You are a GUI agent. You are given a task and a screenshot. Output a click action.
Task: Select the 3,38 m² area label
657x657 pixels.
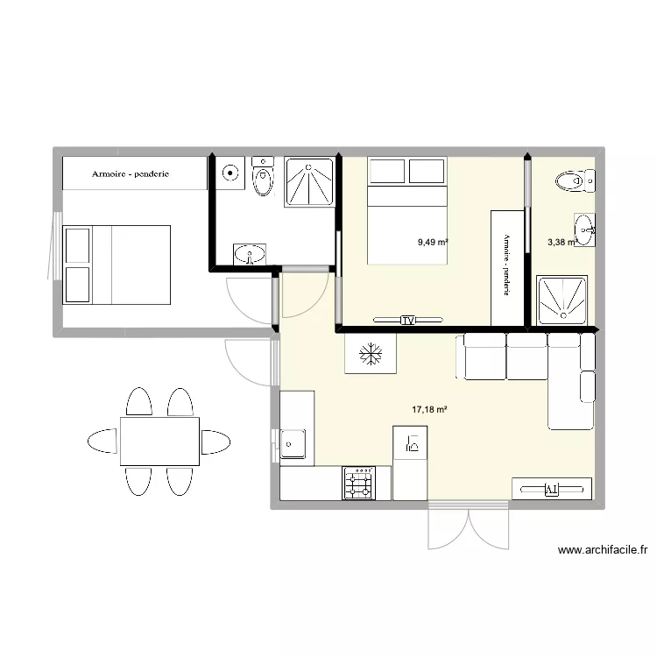coord(562,244)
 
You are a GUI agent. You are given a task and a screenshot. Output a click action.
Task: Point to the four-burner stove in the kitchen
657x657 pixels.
coord(359,483)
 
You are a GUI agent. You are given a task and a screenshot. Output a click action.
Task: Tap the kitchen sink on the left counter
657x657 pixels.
coord(292,445)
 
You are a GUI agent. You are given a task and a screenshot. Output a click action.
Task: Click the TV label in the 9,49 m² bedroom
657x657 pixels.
coord(407,321)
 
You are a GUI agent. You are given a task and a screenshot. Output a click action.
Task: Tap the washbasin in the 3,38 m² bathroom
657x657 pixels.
coord(585,231)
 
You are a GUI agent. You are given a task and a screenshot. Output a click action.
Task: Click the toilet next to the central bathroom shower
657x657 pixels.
coord(263,179)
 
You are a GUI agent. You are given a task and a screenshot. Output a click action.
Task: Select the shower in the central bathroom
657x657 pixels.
coord(308,183)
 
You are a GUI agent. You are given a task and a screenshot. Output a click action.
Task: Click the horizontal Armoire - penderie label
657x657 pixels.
coord(131,174)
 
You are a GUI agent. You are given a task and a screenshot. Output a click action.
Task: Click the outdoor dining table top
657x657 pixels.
coord(159,442)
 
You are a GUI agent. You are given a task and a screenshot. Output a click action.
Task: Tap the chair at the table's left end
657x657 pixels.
coord(102,442)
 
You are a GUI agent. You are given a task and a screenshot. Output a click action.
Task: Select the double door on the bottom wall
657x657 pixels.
coord(469,526)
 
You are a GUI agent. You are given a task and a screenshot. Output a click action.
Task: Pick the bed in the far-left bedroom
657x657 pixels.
coord(116,264)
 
